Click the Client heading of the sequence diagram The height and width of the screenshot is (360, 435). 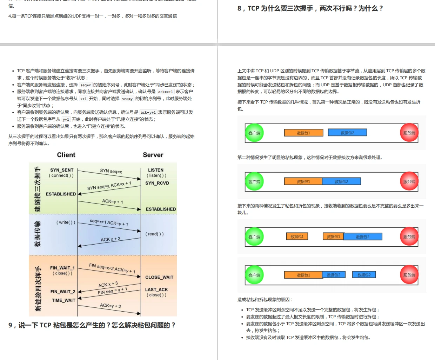coord(66,155)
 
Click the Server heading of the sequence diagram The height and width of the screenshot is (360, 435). coord(153,155)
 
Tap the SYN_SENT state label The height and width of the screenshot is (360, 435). coord(62,170)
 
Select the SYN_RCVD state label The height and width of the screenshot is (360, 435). coord(157,183)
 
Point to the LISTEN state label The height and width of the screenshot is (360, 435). coord(156,170)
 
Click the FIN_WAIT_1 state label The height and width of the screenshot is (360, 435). coord(62,268)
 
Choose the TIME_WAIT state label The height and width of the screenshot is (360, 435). coord(63,301)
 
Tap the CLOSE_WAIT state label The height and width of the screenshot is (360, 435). coord(159,277)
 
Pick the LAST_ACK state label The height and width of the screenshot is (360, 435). coord(156,290)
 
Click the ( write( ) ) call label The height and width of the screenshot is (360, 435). coord(66,222)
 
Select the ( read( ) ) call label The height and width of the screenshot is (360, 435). coord(155,234)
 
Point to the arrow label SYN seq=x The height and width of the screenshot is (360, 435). coord(111,171)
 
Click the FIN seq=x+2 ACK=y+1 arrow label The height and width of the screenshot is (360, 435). coord(112,268)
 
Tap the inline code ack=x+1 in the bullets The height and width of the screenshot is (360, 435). coord(165,92)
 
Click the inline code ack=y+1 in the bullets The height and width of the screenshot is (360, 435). coord(148,113)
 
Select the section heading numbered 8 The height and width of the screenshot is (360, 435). coord(310,8)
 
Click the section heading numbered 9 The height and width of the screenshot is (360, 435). coord(92,325)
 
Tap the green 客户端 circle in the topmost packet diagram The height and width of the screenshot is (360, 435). coord(254,133)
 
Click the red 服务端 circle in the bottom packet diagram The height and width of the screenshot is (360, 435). coord(409,275)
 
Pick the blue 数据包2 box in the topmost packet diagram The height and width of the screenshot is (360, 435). coord(347,133)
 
